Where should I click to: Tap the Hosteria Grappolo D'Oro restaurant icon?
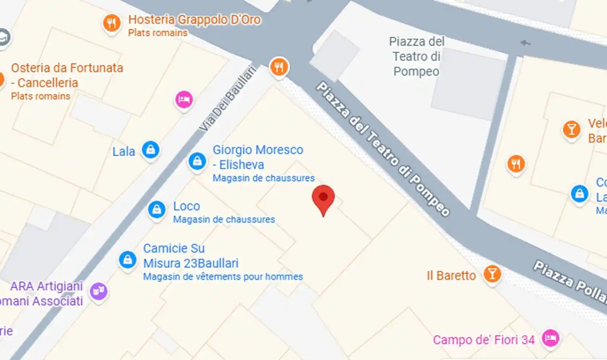112,23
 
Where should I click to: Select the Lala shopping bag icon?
150,149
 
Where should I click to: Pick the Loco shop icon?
157,209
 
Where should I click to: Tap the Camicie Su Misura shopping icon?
128,260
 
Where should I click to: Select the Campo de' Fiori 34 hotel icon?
550,338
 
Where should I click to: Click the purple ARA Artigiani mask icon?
98,291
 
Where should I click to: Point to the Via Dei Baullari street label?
228,98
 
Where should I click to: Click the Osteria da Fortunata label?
67,75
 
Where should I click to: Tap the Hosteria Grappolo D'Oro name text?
194,20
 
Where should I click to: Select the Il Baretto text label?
451,275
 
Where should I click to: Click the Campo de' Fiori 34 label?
483,340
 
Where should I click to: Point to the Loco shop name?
186,206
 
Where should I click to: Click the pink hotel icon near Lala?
184,99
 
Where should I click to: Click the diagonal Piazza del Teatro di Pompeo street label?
383,149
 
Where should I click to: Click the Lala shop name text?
124,151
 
